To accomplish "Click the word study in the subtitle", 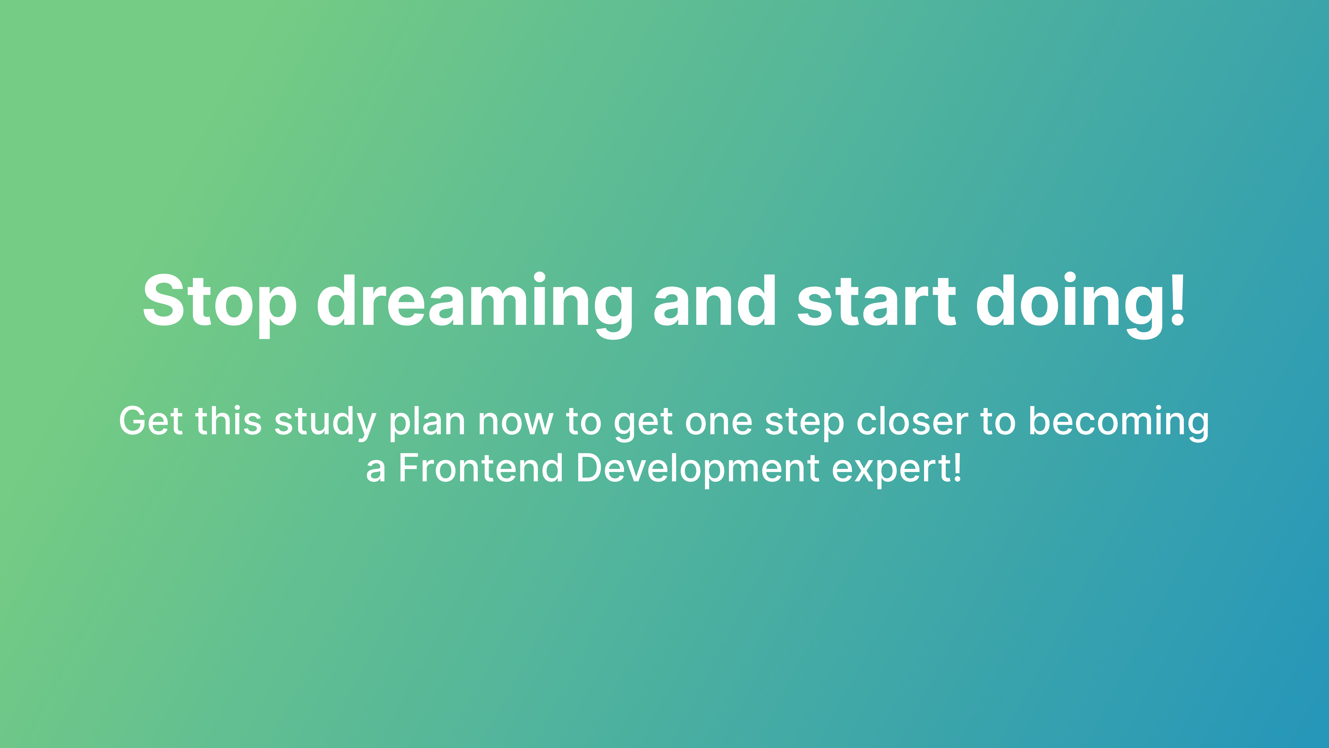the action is (x=325, y=423).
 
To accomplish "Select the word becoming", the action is (x=1119, y=423).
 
